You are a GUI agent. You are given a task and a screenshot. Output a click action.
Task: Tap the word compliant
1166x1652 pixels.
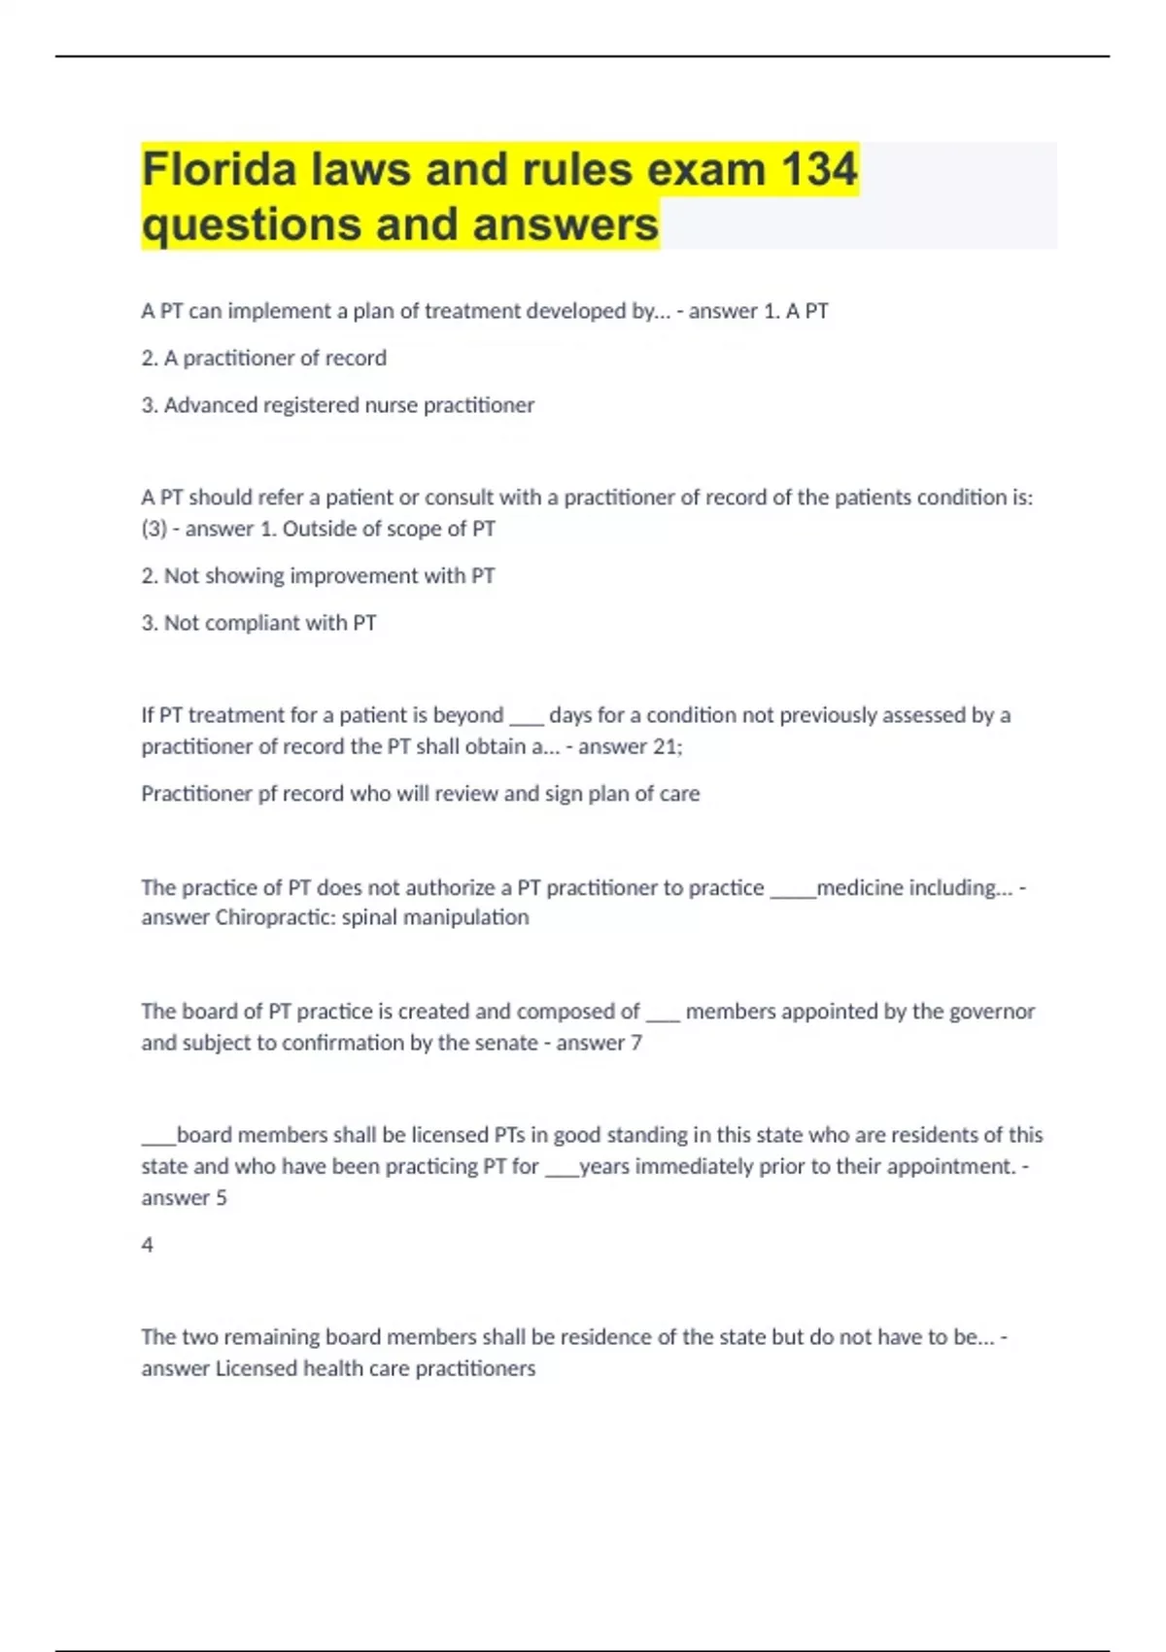[252, 623]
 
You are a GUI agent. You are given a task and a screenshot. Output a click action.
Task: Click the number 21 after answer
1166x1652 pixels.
[667, 746]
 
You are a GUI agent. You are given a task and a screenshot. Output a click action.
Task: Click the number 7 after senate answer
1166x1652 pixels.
[636, 1043]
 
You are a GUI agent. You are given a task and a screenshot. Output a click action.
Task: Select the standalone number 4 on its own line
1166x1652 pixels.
[147, 1245]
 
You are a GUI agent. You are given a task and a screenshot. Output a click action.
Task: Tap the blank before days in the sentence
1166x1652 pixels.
[526, 717]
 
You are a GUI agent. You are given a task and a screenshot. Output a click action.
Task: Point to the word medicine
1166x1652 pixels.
[857, 887]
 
